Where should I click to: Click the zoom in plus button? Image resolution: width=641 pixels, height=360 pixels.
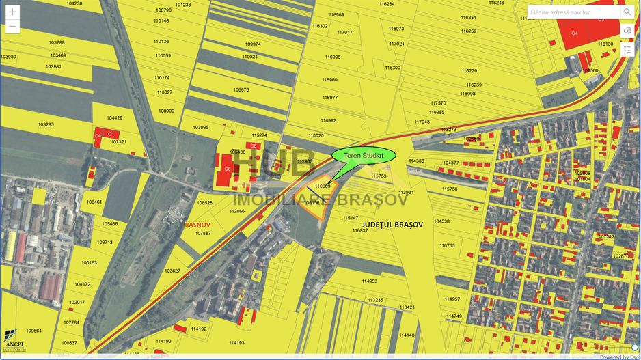[12, 12]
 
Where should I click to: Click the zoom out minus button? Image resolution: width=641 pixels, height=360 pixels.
[12, 27]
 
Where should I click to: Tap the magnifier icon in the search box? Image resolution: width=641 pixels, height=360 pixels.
[627, 12]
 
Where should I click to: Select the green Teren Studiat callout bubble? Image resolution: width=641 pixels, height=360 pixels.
[364, 155]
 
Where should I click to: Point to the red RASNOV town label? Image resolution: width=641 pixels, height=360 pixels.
[197, 223]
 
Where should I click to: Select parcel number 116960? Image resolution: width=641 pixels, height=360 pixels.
[330, 80]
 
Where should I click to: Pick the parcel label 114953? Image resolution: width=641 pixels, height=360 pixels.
[370, 281]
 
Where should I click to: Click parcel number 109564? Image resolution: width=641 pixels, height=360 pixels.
[33, 331]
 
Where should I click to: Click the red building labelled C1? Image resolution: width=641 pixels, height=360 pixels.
[110, 134]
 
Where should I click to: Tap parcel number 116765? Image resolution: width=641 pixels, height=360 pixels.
[447, 245]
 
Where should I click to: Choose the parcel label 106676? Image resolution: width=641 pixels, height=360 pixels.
[241, 89]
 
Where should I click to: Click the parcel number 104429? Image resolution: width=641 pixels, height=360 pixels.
[114, 118]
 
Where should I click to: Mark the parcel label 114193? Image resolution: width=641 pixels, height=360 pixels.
[236, 343]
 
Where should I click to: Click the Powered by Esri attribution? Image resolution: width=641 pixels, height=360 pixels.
[619, 357]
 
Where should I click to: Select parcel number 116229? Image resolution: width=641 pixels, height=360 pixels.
[469, 71]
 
